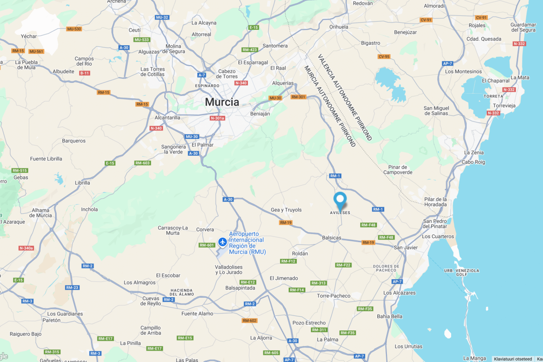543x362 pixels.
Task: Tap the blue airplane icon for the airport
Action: coord(222,242)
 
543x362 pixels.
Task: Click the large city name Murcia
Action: coord(222,102)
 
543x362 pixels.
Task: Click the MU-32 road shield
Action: coord(162,17)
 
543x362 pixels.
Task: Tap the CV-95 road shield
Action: coord(384,57)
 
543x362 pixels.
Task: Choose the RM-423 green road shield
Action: coord(249,50)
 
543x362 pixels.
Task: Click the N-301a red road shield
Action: coord(217,118)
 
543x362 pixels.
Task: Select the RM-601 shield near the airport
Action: coord(206,245)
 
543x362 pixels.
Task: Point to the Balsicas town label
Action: coord(332,237)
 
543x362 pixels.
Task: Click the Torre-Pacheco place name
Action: coord(334,296)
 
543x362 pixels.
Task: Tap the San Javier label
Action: coord(405,248)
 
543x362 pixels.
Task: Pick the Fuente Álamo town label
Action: coord(197,314)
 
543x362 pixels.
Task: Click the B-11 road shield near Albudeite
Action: coord(85,73)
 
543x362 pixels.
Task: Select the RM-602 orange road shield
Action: coord(249,320)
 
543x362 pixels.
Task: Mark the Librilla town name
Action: coord(82,183)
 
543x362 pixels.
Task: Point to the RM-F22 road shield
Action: coord(343,265)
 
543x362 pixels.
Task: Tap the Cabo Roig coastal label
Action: coord(473,162)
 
